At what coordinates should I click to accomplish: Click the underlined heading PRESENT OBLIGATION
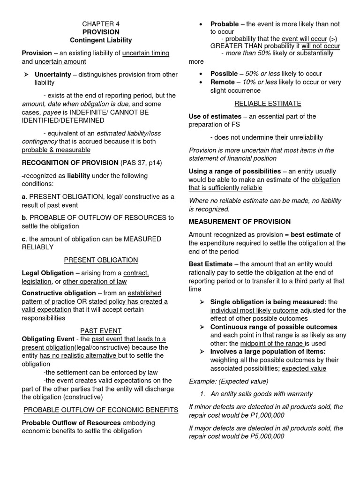pyautogui.click(x=101, y=260)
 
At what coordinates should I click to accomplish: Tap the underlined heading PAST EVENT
pyautogui.click(x=101, y=330)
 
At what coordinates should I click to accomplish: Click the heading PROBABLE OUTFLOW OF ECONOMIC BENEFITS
pyautogui.click(x=101, y=410)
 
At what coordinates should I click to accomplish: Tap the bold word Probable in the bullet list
pyautogui.click(x=225, y=24)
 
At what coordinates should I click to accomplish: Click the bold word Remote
pyautogui.click(x=223, y=82)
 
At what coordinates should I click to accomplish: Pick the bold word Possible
pyautogui.click(x=224, y=74)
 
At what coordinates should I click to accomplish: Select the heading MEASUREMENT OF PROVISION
pyautogui.click(x=240, y=221)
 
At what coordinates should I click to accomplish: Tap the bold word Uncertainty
pyautogui.click(x=52, y=74)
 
